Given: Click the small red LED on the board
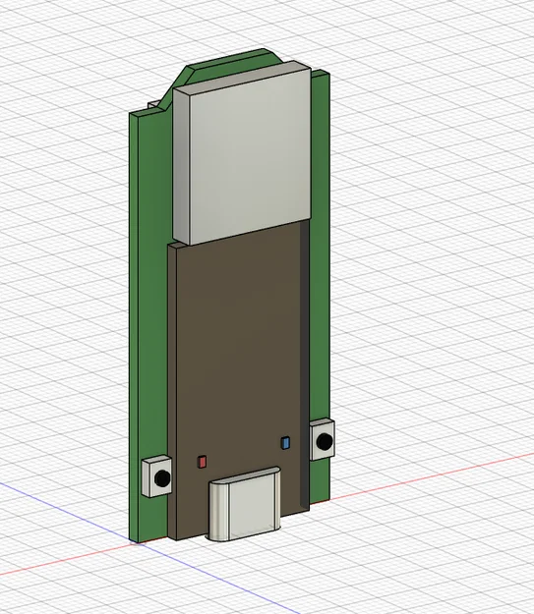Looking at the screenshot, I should pos(203,460).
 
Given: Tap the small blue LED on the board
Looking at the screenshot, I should pos(285,443).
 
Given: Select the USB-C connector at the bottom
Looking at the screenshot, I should pos(247,506).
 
